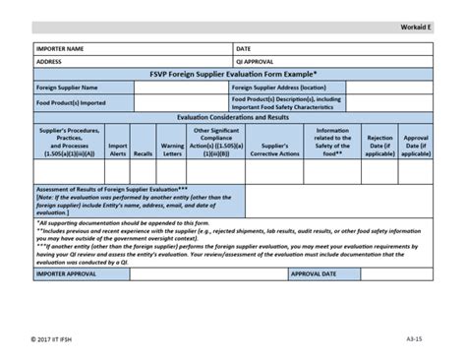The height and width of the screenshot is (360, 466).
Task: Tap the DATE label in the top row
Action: [244, 47]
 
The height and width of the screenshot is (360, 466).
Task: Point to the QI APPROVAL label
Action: [255, 60]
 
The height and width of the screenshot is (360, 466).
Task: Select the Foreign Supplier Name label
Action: [67, 87]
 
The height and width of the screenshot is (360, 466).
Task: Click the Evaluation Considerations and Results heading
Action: [232, 116]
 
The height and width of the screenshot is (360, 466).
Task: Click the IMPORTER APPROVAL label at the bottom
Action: [70, 273]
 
